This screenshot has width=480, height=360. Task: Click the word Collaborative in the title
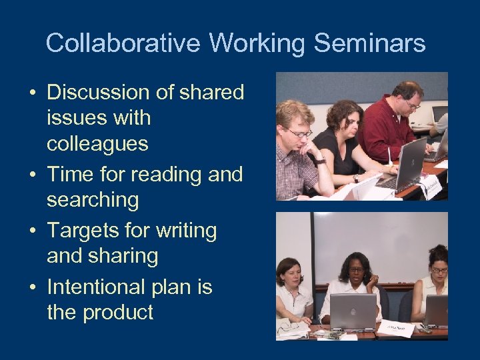tap(123, 43)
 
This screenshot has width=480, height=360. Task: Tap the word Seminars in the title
tap(369, 43)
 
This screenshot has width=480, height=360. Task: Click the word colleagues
tap(97, 144)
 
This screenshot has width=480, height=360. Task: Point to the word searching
tap(93, 199)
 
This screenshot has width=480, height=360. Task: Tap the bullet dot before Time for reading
tap(33, 175)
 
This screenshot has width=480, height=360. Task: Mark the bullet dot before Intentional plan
tap(33, 288)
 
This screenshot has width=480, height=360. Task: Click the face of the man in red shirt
tap(407, 98)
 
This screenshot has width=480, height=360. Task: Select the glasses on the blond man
tap(300, 133)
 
